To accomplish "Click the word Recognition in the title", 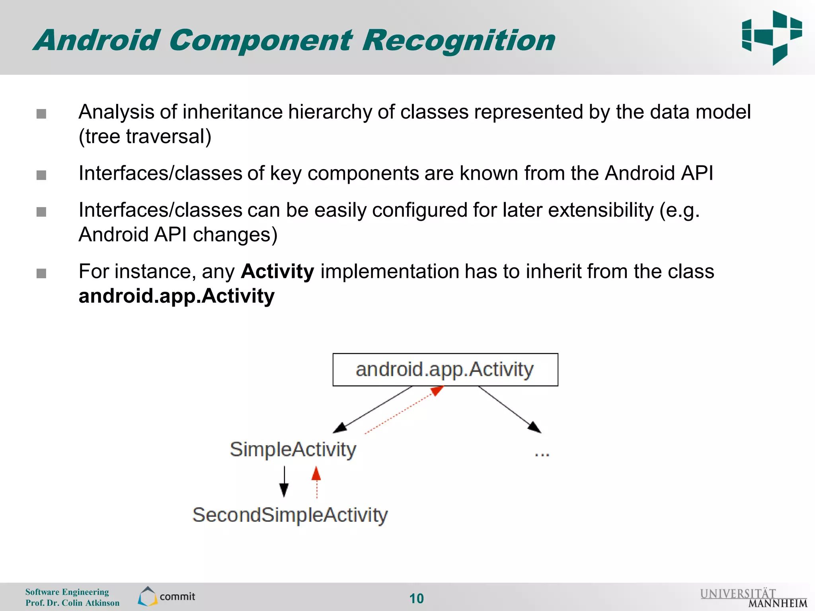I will (458, 41).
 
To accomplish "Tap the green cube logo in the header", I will (772, 38).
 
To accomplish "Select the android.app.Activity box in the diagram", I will (445, 370).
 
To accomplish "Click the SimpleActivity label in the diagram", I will (293, 449).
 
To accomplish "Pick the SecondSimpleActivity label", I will (290, 515).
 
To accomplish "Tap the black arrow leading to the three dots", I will (509, 409).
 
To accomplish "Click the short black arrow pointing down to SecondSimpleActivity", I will (284, 482).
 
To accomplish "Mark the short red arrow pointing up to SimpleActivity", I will (316, 482).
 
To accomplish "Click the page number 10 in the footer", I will (416, 598).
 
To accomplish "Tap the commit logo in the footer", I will (166, 596).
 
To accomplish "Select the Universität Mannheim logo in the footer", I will (753, 598).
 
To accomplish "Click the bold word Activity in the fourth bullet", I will (277, 272).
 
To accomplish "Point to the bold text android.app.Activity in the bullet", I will (176, 296).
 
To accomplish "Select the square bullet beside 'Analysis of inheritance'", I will (41, 114).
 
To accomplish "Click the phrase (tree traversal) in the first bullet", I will (145, 137).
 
